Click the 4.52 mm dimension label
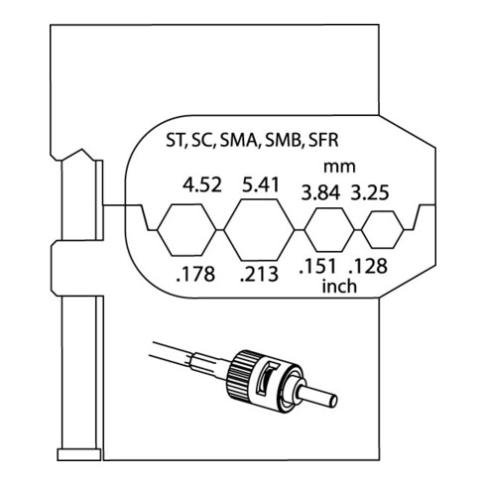click(202, 184)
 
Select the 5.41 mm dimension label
click(261, 184)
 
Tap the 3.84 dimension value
click(320, 192)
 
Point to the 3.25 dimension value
click(370, 192)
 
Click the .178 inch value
click(195, 274)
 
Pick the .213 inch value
click(259, 274)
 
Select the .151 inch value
click(317, 266)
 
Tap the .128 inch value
click(368, 266)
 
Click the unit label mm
click(339, 167)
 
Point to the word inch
click(339, 286)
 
